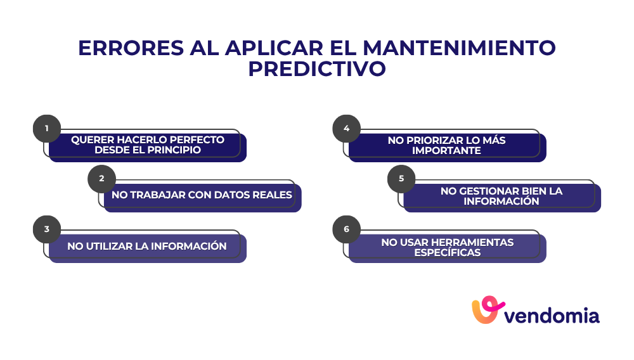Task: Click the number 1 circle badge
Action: (46, 129)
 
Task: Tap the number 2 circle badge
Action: (101, 179)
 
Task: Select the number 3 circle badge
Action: (46, 229)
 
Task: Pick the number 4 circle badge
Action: (346, 129)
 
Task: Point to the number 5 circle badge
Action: (401, 179)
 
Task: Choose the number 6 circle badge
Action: (346, 229)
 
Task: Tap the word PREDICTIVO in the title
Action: (317, 69)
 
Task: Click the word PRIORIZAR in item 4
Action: (431, 140)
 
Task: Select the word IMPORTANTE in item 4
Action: (447, 150)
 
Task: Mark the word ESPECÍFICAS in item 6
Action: (447, 252)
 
